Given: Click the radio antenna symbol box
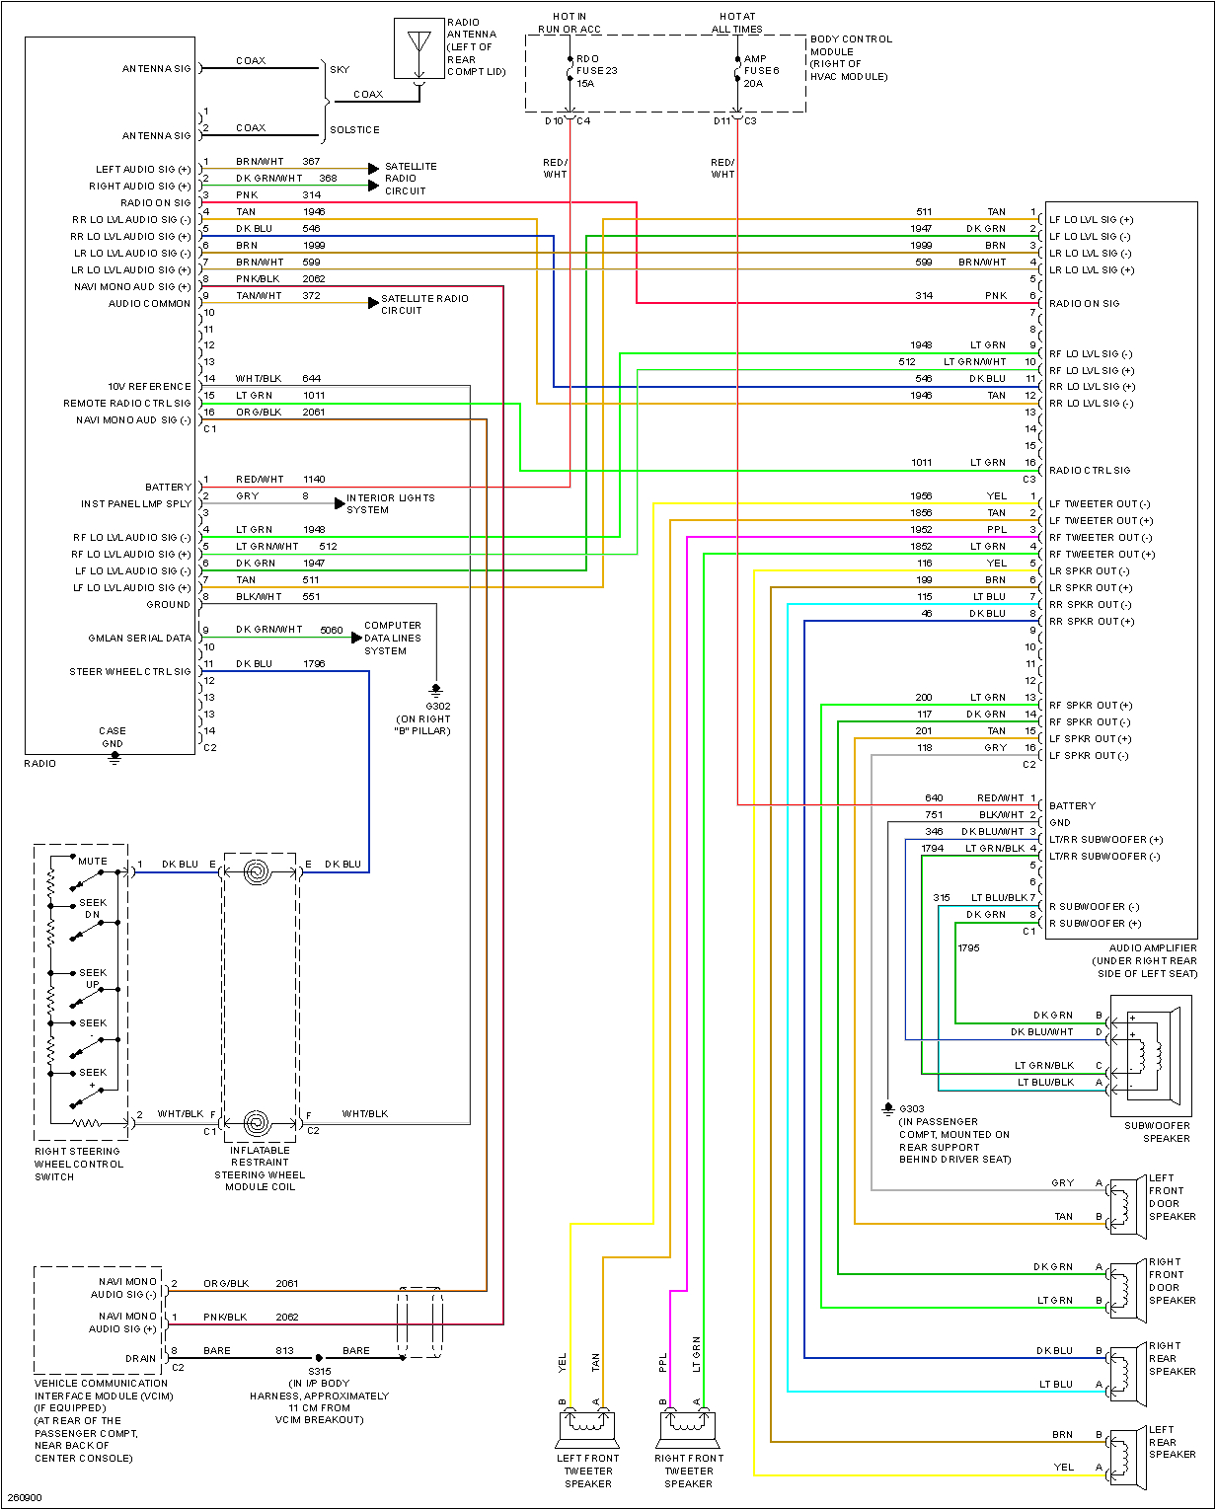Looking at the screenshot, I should tap(419, 48).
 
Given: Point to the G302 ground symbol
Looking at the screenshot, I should tap(436, 691).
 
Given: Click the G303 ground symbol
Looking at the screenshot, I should tap(888, 1109).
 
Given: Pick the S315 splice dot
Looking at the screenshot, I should tap(319, 1358).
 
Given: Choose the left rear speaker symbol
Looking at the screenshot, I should tap(1125, 1458).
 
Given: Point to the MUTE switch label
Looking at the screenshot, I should tap(93, 861).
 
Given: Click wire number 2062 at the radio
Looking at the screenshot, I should tap(314, 279).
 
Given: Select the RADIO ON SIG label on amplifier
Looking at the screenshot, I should tap(1084, 304).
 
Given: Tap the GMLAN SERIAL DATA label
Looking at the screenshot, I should tap(139, 639).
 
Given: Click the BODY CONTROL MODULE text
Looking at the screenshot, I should tap(850, 57).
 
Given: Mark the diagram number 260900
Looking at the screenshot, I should tap(25, 1497).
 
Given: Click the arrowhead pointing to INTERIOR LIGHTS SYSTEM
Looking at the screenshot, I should tap(340, 503).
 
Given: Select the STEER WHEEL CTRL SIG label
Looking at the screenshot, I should tap(130, 672).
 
